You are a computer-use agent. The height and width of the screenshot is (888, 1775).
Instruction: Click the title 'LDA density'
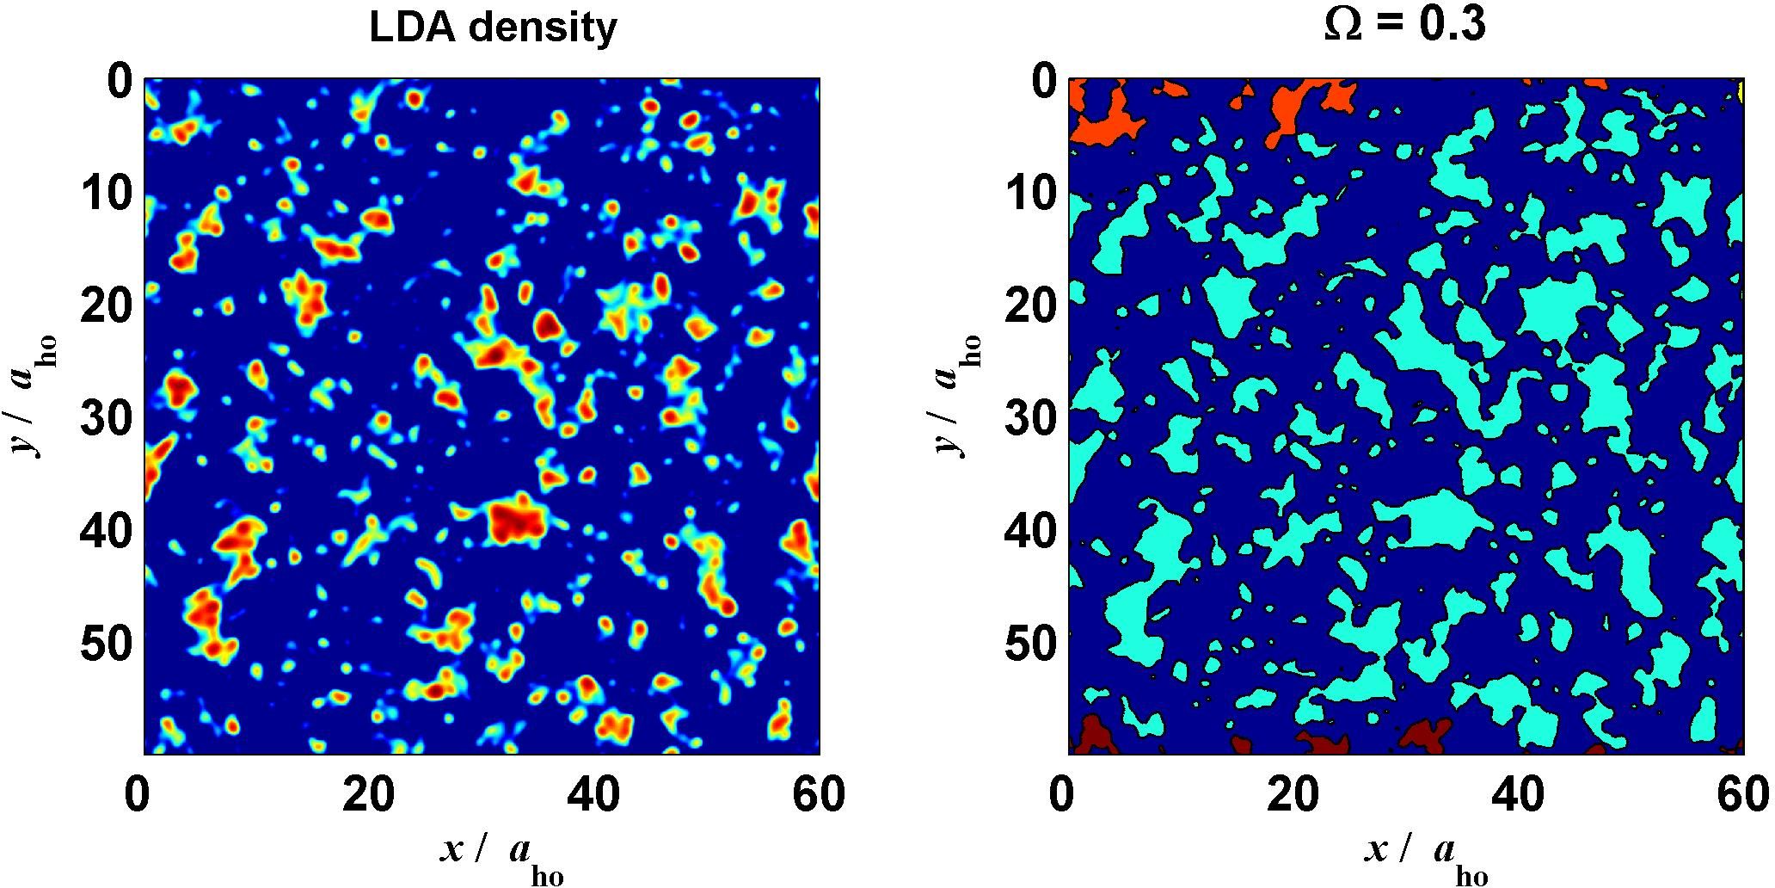[x=492, y=28]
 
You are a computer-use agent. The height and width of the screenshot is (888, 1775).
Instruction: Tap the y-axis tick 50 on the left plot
[x=105, y=645]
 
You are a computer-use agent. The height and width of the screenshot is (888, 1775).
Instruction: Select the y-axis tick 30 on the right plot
[x=1030, y=421]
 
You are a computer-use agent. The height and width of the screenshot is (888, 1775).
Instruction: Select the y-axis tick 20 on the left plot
[x=105, y=308]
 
